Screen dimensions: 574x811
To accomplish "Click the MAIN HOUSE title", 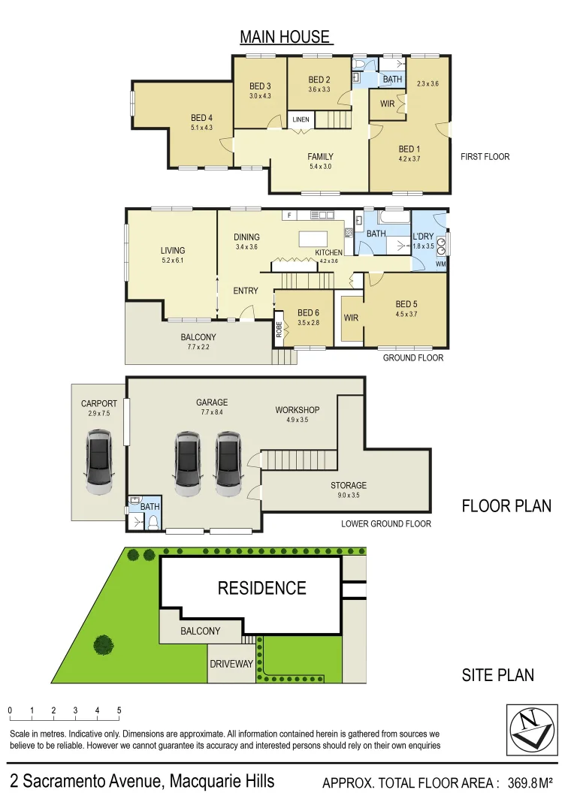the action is point(285,37).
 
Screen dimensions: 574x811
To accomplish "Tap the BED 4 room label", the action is point(202,118).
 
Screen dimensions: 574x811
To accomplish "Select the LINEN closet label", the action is point(301,119).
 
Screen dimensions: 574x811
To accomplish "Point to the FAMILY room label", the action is point(320,157).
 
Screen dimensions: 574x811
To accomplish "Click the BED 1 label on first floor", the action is point(409,149).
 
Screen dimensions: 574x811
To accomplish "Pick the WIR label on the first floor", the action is point(387,104).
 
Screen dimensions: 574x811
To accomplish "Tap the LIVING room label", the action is point(172,250).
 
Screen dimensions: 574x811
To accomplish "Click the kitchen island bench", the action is point(313,239).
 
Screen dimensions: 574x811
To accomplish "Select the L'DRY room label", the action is point(424,237).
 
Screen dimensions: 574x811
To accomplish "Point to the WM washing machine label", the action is point(440,264).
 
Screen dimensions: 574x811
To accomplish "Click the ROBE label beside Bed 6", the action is point(279,330).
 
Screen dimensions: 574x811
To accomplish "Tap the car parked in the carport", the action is point(98,462).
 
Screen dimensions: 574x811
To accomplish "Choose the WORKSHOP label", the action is point(297,410).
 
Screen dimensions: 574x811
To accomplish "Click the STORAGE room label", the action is point(349,486).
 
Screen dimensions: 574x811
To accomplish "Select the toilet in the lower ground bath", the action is point(153,524).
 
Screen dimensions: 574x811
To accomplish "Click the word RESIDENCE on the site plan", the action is point(262,588).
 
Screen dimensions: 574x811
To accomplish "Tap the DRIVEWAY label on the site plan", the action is point(231,664).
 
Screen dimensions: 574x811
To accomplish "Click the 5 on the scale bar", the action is point(119,710).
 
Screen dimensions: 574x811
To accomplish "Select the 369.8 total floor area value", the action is point(522,783).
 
